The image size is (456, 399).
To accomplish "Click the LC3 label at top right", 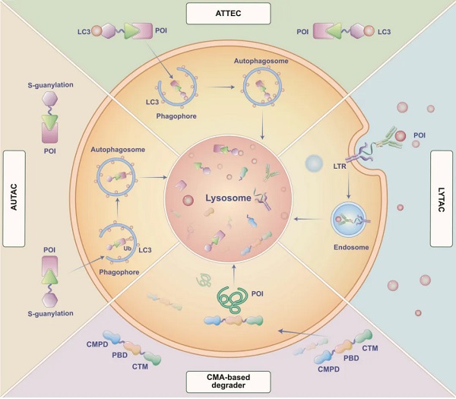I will (385, 33).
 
